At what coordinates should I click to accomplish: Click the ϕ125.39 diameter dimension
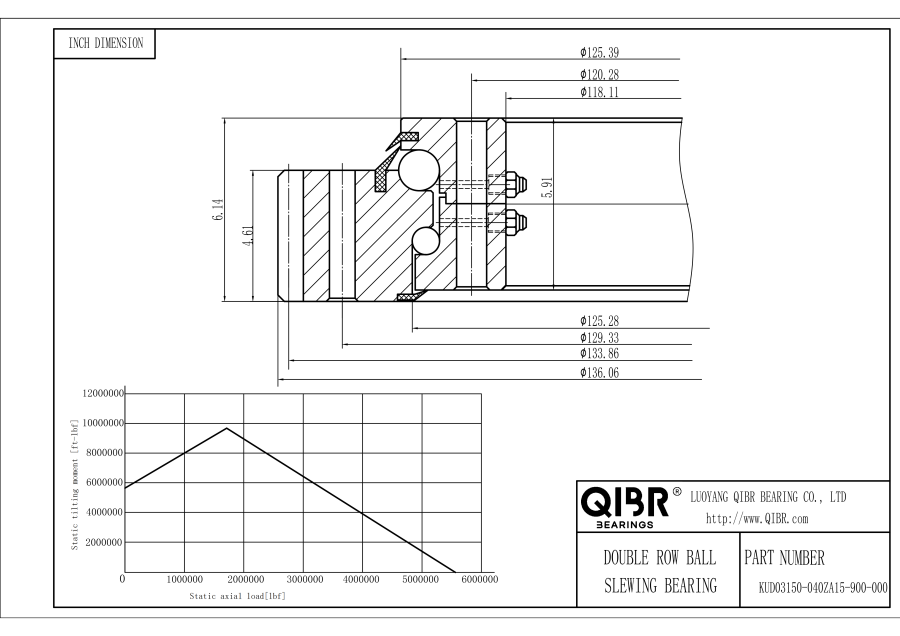(x=599, y=53)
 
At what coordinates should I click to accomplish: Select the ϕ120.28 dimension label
(x=599, y=75)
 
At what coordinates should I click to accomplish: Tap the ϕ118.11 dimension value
(x=599, y=92)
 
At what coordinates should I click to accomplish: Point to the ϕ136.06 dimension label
(x=599, y=373)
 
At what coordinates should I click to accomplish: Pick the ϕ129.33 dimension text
(x=599, y=338)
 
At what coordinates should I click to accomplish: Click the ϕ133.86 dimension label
(x=599, y=354)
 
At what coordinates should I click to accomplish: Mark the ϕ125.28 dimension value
(x=599, y=321)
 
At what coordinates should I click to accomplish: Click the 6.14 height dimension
(x=218, y=210)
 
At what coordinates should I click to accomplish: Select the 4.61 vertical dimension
(x=249, y=235)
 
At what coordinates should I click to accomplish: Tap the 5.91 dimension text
(x=548, y=188)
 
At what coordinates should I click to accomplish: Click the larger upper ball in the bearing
(x=419, y=170)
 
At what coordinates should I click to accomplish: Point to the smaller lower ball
(x=425, y=240)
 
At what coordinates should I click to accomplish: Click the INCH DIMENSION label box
(x=104, y=44)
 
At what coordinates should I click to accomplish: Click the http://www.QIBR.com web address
(x=757, y=519)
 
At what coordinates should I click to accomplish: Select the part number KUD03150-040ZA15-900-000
(x=823, y=588)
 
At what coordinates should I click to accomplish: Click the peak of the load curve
(x=227, y=428)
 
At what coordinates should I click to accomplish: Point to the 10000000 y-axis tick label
(x=104, y=423)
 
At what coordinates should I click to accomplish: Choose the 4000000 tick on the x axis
(x=361, y=580)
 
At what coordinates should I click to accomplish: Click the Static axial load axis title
(x=237, y=596)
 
